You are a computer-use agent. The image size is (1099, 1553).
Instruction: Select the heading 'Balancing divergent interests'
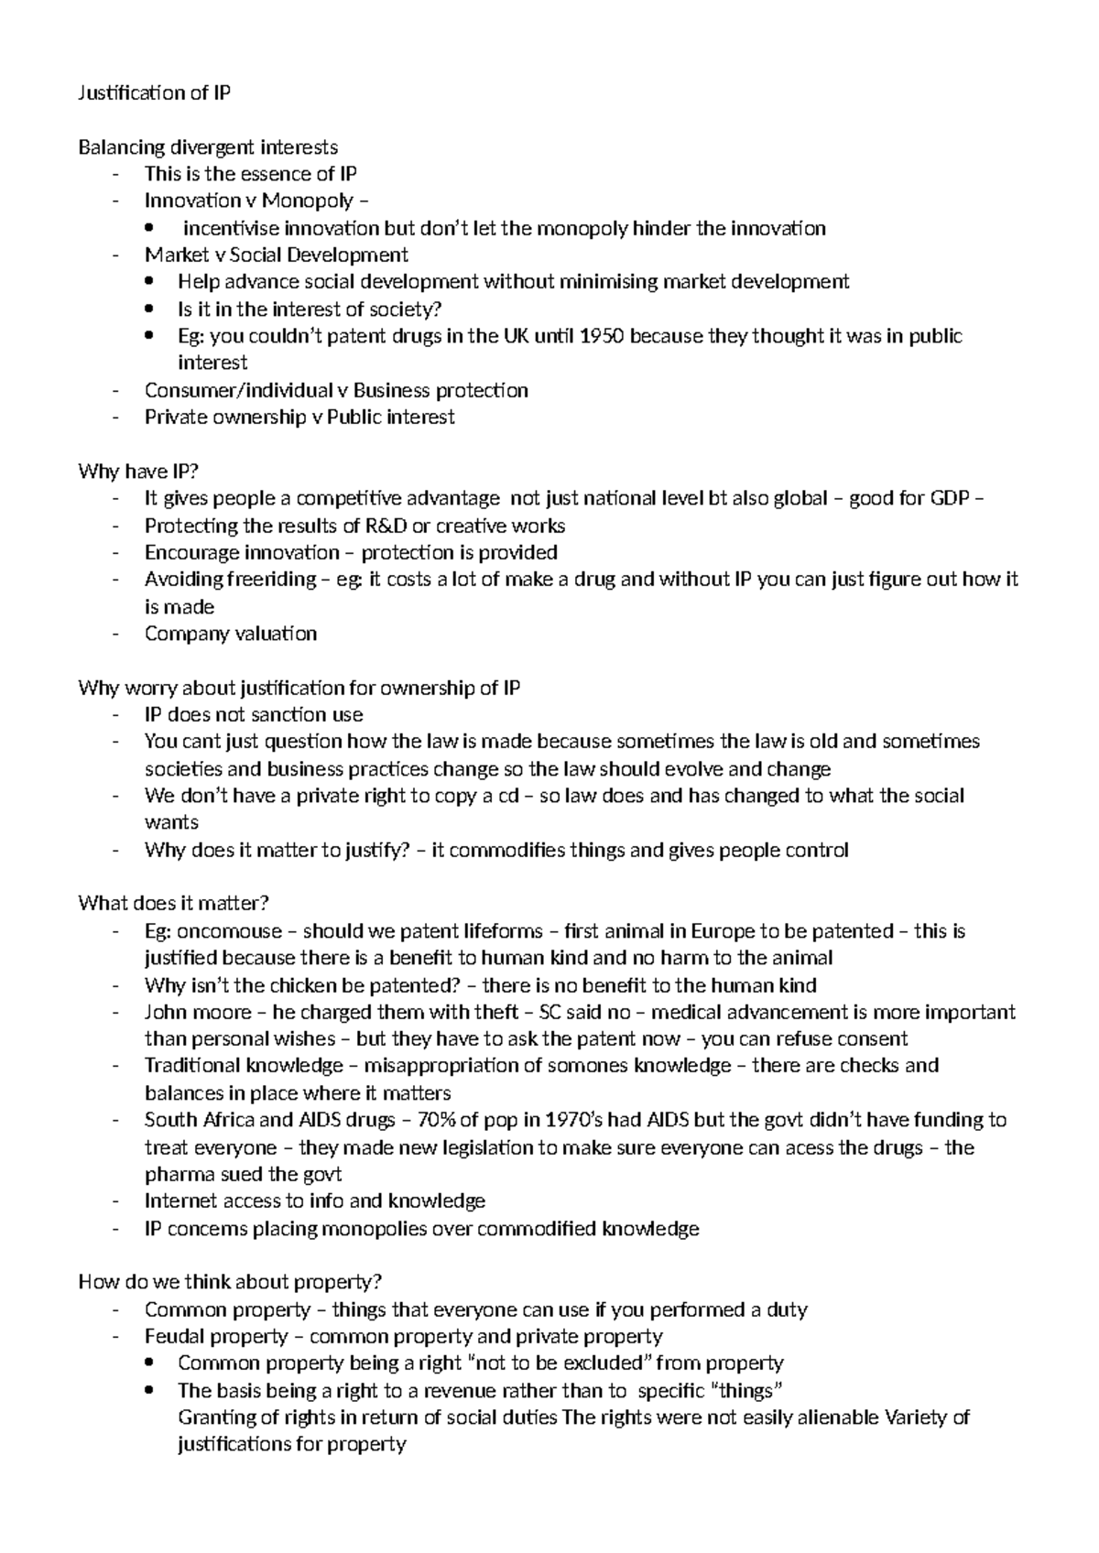[x=208, y=147]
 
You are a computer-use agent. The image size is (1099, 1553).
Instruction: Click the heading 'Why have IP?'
[x=138, y=472]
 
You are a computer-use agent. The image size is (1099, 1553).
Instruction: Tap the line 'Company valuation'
[x=231, y=634]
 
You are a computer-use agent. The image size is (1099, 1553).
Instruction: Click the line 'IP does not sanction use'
[x=254, y=714]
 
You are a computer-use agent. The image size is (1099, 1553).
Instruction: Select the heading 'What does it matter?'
[x=174, y=904]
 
